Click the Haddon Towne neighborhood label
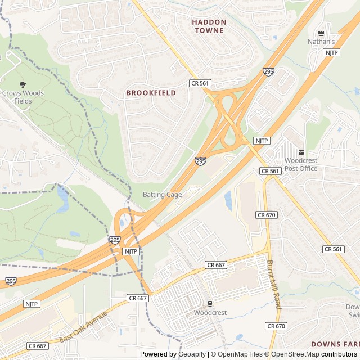(x=209, y=26)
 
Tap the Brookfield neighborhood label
(x=151, y=92)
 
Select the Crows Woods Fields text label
(x=22, y=97)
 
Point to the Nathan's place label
(x=321, y=42)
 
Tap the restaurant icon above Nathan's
(x=321, y=33)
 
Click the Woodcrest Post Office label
(x=301, y=164)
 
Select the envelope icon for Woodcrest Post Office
(x=301, y=152)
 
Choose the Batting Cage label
(x=162, y=195)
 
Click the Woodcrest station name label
(x=210, y=312)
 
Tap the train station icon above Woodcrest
(x=210, y=304)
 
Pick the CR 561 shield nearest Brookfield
(x=200, y=83)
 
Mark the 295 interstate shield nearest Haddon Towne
(x=268, y=72)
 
